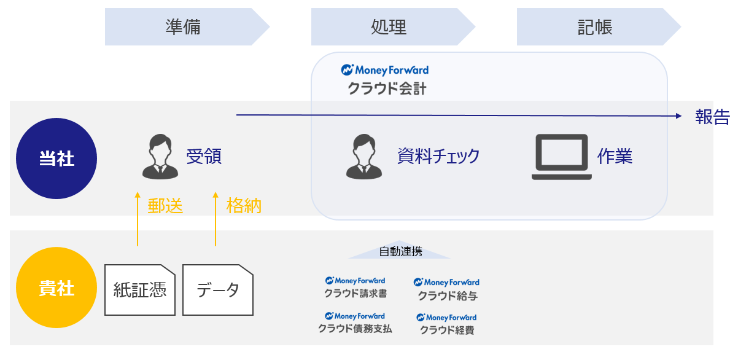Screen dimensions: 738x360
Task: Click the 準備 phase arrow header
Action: [x=187, y=26]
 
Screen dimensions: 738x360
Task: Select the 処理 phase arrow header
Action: [x=393, y=26]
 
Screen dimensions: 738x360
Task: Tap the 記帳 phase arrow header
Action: [x=599, y=26]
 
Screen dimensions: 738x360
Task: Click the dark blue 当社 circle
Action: [x=56, y=158]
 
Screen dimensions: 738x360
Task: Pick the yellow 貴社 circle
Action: [x=56, y=288]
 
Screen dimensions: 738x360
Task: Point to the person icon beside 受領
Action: [x=160, y=157]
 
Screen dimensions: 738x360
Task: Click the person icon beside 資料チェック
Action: [x=364, y=157]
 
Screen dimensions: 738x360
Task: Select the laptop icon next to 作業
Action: [x=561, y=157]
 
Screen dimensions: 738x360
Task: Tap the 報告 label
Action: [x=712, y=117]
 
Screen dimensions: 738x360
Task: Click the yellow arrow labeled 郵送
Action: [x=138, y=219]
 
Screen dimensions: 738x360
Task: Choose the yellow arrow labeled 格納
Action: [x=216, y=219]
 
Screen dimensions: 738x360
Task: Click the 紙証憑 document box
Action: [x=140, y=290]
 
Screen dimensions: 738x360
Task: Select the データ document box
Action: [x=218, y=290]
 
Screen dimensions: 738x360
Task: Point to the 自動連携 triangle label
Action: [x=400, y=251]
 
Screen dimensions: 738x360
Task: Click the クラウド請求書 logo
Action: [x=355, y=288]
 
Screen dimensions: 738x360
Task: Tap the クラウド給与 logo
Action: [x=447, y=289]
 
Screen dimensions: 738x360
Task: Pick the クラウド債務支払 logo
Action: [x=355, y=323]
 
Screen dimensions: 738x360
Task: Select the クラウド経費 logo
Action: [x=447, y=324]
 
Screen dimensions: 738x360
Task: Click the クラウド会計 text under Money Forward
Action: [x=387, y=88]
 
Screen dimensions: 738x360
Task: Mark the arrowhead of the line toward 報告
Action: [x=681, y=116]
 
